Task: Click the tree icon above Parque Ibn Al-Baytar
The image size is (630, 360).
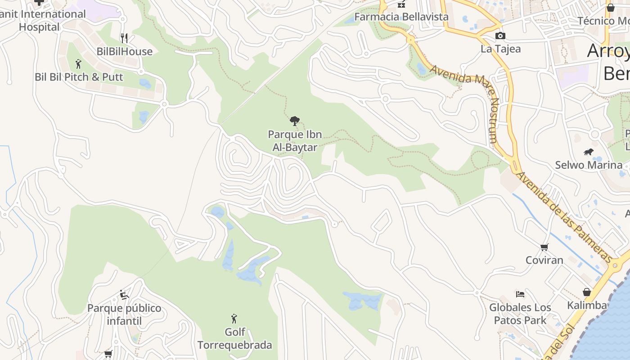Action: tap(295, 121)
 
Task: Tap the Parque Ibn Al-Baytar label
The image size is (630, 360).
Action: tap(295, 141)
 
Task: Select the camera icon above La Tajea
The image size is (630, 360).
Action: tap(500, 36)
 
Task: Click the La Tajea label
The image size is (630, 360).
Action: tap(500, 49)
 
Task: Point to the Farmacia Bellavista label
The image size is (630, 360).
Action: tap(401, 17)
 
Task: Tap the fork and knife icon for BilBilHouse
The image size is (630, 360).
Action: tap(124, 38)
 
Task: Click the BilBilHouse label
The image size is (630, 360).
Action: tap(125, 52)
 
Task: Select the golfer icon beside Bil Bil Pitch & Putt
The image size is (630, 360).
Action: tap(78, 64)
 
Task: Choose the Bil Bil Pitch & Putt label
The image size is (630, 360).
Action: tap(79, 77)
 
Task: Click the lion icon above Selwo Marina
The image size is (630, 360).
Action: tap(588, 152)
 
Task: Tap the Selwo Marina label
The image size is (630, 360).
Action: tap(588, 165)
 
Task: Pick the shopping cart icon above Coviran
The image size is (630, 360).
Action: tap(544, 247)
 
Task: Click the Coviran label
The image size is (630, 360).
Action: tap(544, 260)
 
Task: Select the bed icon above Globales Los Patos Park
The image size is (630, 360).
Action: tap(520, 294)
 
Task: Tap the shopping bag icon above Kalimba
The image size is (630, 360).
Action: tap(587, 292)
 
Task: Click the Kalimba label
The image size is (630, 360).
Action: tap(587, 306)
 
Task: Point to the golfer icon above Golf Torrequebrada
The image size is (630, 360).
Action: tap(234, 319)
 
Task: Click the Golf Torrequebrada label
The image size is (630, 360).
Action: tap(234, 339)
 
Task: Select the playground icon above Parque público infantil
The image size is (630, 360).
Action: tap(124, 295)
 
